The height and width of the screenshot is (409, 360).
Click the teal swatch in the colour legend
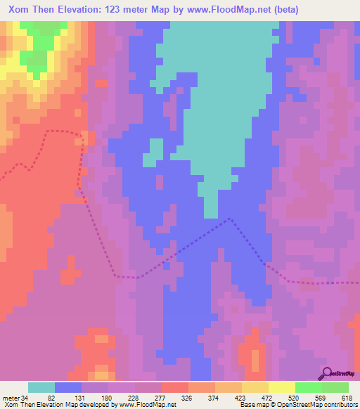coord(41,387)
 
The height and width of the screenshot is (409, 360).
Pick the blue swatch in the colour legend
coord(68,387)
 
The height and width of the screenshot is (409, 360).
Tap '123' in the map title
coord(127,10)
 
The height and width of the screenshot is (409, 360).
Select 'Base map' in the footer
coord(253,405)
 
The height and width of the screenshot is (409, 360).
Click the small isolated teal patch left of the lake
coord(153,152)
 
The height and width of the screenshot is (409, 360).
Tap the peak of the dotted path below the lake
coord(229,219)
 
